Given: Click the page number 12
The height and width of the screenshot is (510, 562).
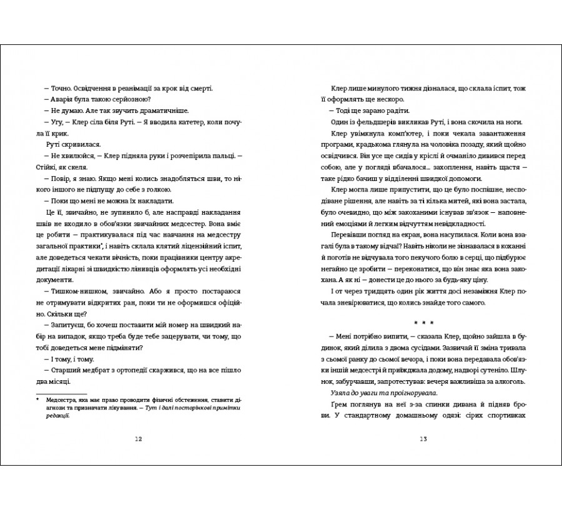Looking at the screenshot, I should [x=139, y=439].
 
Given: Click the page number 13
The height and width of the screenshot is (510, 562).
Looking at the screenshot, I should [x=423, y=439].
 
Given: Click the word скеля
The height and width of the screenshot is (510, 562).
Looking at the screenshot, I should [x=81, y=167].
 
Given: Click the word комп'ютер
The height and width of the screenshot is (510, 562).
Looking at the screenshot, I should [x=384, y=134].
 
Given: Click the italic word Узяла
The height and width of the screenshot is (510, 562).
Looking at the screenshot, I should [x=341, y=393].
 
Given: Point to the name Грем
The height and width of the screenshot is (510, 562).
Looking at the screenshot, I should [x=338, y=405].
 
